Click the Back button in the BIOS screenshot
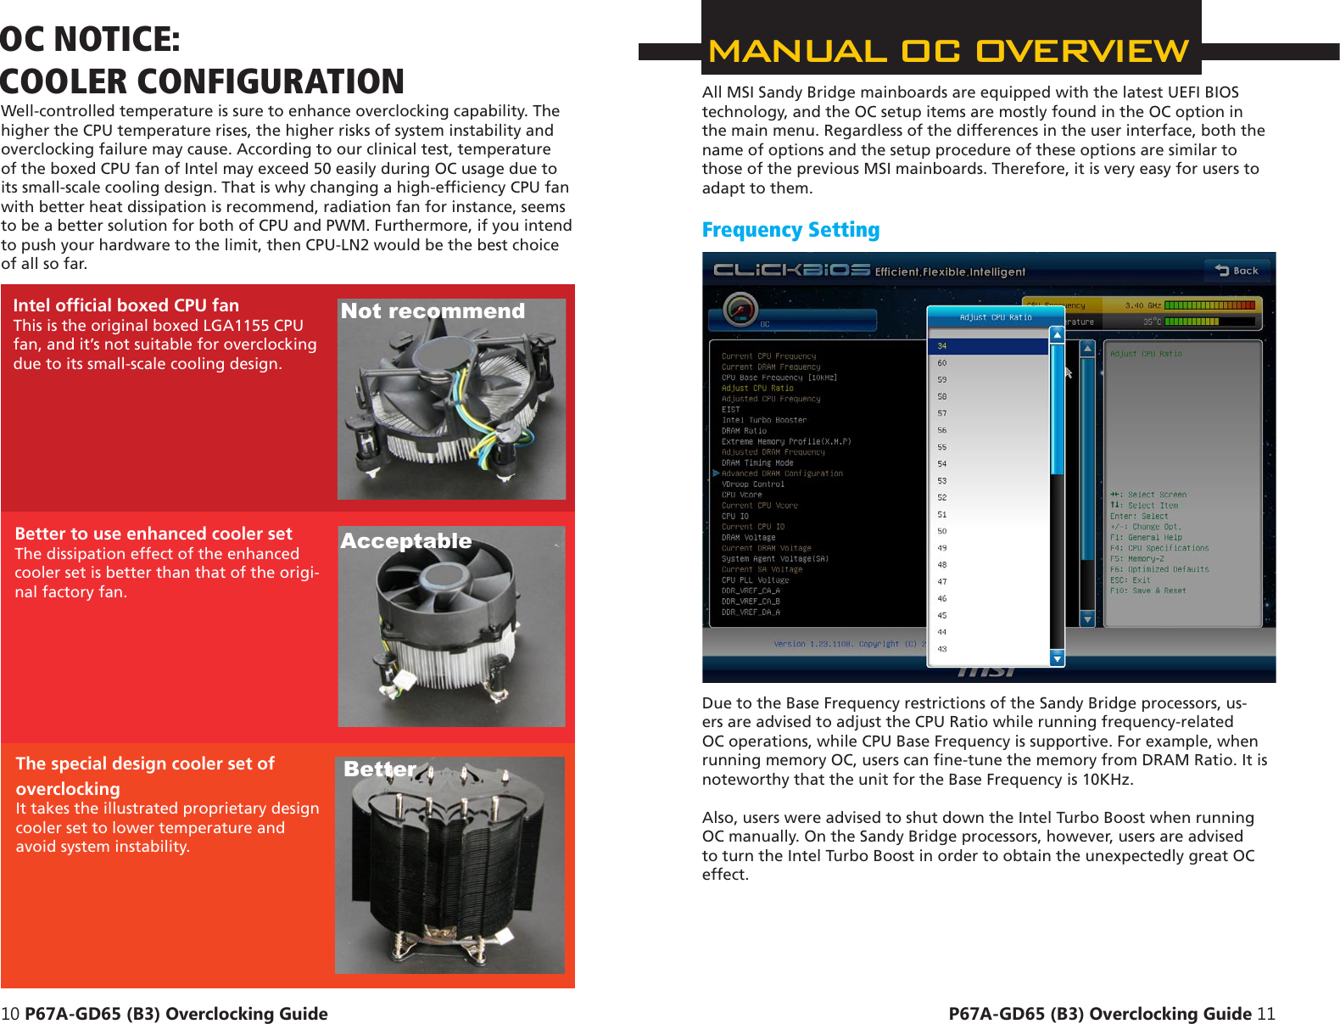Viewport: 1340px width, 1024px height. [1237, 271]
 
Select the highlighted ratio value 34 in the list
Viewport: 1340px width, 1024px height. [988, 346]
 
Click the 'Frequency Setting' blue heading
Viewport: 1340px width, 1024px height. [790, 230]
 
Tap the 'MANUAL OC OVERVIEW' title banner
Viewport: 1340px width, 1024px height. [949, 51]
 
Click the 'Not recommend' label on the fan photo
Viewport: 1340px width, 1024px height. [433, 311]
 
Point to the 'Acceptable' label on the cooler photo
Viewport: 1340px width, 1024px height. [406, 541]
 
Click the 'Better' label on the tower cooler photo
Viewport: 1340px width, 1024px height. [380, 769]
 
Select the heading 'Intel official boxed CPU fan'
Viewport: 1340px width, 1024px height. [126, 305]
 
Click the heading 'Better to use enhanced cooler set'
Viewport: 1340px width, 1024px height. [154, 534]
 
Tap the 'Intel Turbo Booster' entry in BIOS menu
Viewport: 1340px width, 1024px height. [763, 420]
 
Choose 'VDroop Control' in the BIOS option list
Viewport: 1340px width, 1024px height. [753, 484]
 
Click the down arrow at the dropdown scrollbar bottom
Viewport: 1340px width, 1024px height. [1057, 657]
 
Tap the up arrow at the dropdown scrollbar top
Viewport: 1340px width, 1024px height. [1057, 335]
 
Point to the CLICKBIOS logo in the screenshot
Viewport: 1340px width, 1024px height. [791, 271]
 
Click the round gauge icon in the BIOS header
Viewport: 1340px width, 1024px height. [740, 310]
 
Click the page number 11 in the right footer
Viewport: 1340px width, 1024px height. [1265, 1014]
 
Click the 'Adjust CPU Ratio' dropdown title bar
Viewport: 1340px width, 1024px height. [995, 317]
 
